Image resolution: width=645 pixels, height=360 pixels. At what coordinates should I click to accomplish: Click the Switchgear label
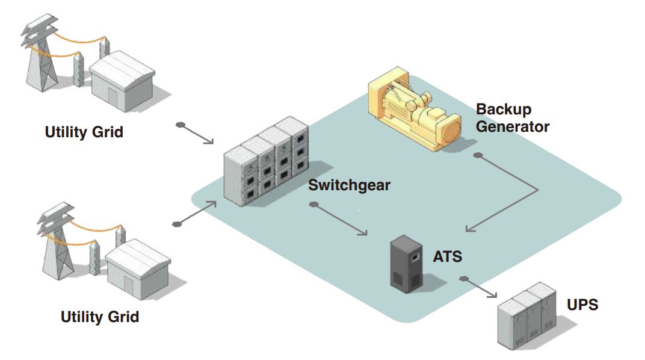tap(349, 185)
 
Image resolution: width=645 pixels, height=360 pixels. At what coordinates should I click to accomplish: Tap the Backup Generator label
tap(512, 118)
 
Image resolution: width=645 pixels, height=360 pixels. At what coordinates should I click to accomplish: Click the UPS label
tap(582, 305)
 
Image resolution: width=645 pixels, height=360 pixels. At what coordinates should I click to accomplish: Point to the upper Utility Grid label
tap(84, 132)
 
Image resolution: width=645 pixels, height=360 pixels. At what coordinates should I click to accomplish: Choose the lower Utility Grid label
tap(99, 317)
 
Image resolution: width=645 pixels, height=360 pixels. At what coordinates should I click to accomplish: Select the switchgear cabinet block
tap(265, 163)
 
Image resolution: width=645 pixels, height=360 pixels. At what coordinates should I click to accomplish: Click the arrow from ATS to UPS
tap(480, 288)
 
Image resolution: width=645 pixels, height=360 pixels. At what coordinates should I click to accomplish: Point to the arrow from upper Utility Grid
tap(196, 134)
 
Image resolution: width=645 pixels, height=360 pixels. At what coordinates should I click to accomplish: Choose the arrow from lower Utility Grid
tap(196, 214)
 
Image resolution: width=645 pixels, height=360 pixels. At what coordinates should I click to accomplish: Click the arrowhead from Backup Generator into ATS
tap(470, 229)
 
